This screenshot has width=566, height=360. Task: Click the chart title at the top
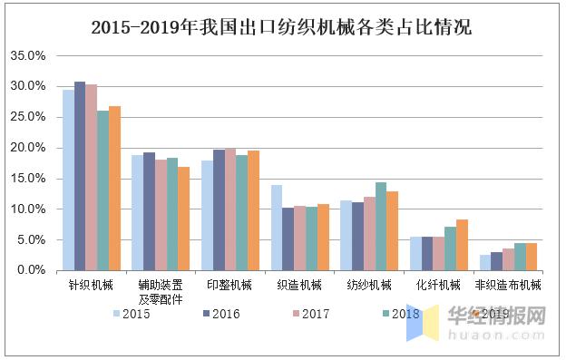click(282, 27)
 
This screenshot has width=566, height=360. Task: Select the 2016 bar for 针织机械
click(80, 176)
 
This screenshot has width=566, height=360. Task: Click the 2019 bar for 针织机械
click(114, 189)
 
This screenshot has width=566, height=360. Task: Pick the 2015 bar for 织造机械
click(277, 228)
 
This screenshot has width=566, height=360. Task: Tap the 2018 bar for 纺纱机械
click(381, 227)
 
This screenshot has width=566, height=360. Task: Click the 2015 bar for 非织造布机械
click(485, 262)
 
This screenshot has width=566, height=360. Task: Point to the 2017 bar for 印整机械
click(230, 209)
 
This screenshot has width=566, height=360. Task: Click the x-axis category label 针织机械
click(92, 285)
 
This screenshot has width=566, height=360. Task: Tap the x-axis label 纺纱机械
click(369, 285)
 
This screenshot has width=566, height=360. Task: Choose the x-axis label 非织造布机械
click(508, 285)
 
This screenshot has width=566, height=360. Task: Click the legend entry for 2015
click(131, 314)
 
